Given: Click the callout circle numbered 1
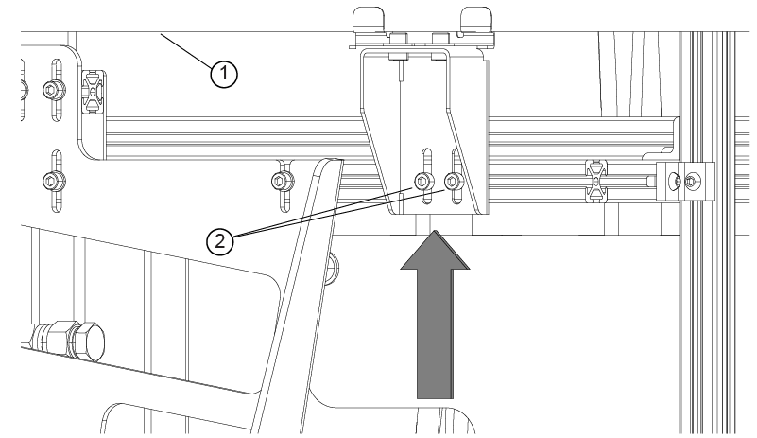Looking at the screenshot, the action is click(x=224, y=74).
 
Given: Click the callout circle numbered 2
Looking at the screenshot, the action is click(x=220, y=240).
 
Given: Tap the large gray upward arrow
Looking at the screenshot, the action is click(x=435, y=315).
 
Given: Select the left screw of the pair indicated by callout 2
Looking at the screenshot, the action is click(x=422, y=182).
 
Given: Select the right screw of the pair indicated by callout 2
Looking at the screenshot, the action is click(x=452, y=182).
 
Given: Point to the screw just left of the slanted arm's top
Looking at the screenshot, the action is click(x=280, y=182).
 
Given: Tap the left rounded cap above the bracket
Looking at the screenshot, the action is click(x=369, y=19).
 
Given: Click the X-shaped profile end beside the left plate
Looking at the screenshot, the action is click(x=94, y=92).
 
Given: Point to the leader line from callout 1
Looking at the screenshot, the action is click(x=186, y=49).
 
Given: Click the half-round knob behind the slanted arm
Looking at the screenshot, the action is click(x=334, y=268).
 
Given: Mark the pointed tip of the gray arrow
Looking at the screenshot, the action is click(x=436, y=231).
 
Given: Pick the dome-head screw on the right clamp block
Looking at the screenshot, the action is click(x=677, y=182).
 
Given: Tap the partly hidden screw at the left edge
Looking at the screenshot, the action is click(x=24, y=90).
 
